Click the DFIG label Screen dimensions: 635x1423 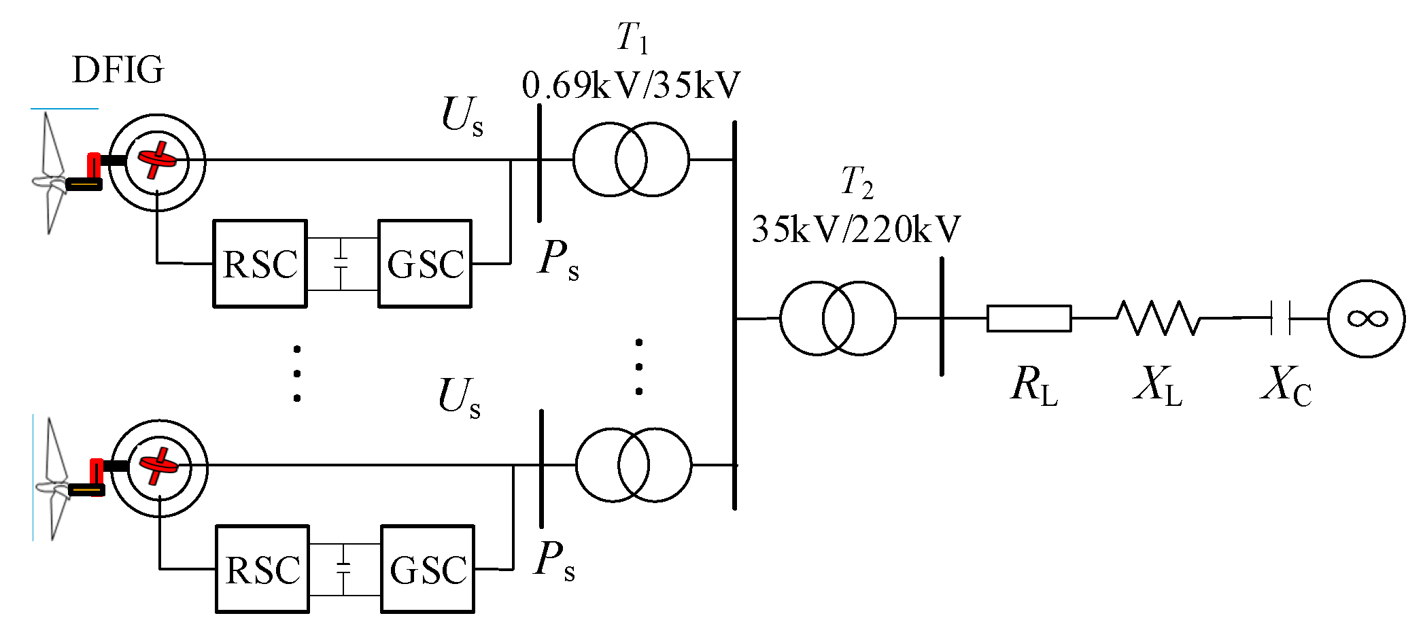click(x=118, y=70)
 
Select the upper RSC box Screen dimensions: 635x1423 click(x=260, y=264)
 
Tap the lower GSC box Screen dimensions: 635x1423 click(x=428, y=569)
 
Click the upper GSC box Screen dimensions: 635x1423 click(x=425, y=264)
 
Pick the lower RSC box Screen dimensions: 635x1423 click(x=262, y=569)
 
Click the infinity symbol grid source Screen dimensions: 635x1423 click(x=1367, y=318)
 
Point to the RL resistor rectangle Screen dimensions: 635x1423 click(x=1029, y=318)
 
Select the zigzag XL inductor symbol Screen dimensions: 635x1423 click(x=1158, y=318)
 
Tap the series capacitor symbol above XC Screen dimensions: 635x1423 click(x=1280, y=318)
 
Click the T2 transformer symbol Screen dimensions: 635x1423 click(x=838, y=318)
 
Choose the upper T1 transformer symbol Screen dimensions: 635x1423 click(x=631, y=160)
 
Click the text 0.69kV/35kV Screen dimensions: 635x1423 click(x=631, y=86)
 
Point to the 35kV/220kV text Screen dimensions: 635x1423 click(x=855, y=229)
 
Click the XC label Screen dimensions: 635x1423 click(x=1285, y=385)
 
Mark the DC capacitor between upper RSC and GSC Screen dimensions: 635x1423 click(x=341, y=264)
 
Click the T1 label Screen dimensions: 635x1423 click(x=632, y=37)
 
